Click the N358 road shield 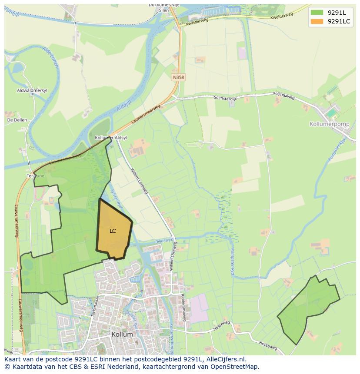coord(178,77)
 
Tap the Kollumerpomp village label coord(329,124)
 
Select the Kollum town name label coord(122,334)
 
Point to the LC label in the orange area coord(113,231)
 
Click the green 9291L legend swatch coord(317,12)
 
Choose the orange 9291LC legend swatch coord(317,21)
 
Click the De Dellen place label coord(17,120)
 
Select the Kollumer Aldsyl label coord(111,137)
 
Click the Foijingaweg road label coord(284,96)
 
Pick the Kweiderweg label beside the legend coord(282,16)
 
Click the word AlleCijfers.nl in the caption coord(224,359)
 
